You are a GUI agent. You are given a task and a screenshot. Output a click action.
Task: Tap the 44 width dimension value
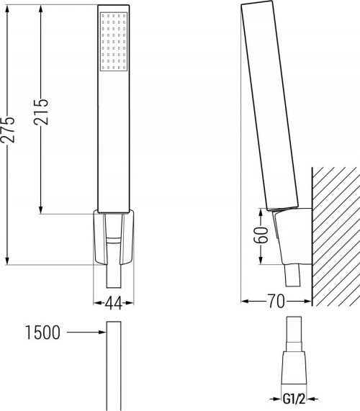pyautogui.click(x=114, y=302)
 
